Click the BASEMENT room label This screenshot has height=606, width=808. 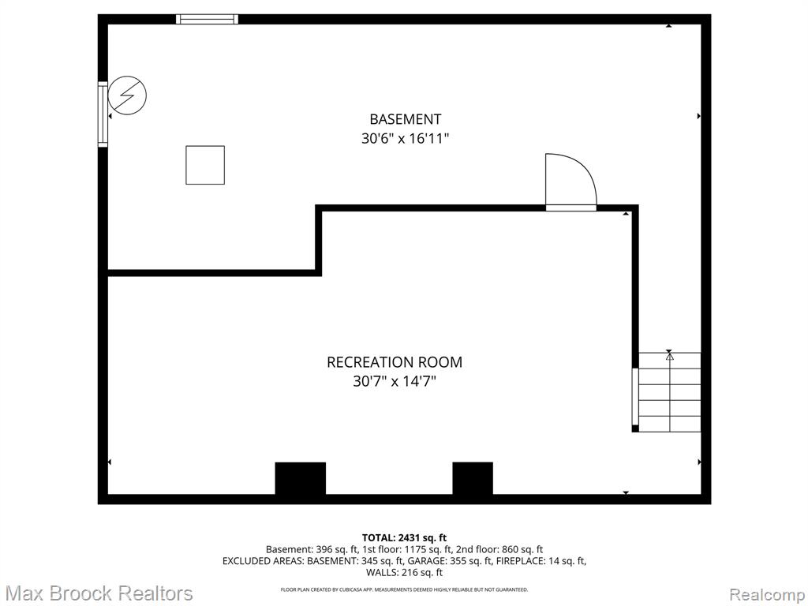[x=405, y=119]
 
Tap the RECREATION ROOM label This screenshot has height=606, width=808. [x=395, y=361]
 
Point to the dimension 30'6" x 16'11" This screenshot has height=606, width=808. [x=405, y=139]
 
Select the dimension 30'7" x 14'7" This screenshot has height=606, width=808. [x=395, y=381]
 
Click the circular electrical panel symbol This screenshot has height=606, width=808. [x=127, y=95]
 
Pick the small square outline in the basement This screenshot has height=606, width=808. [x=205, y=165]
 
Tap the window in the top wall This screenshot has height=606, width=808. [x=208, y=20]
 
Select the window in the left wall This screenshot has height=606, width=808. [x=103, y=114]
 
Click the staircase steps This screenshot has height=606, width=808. [x=669, y=392]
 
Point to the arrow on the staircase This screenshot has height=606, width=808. [x=669, y=391]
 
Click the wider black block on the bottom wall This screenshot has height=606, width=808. [x=301, y=479]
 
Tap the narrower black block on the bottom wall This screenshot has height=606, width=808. [x=473, y=479]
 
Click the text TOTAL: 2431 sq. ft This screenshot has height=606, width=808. [x=404, y=538]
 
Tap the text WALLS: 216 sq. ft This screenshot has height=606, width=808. [x=404, y=572]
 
